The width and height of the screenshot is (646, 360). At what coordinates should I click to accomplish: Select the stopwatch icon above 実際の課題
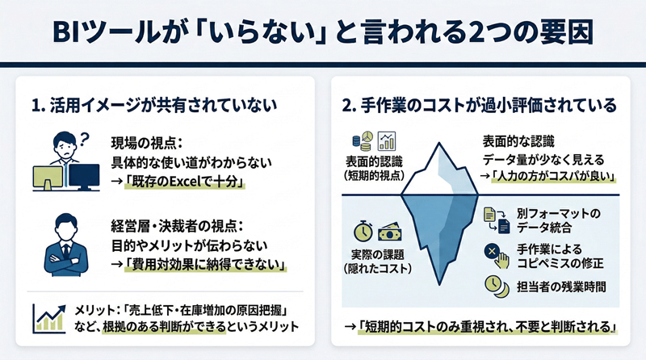pyautogui.click(x=363, y=230)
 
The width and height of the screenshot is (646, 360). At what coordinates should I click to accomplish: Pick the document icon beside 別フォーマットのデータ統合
pyautogui.click(x=493, y=216)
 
